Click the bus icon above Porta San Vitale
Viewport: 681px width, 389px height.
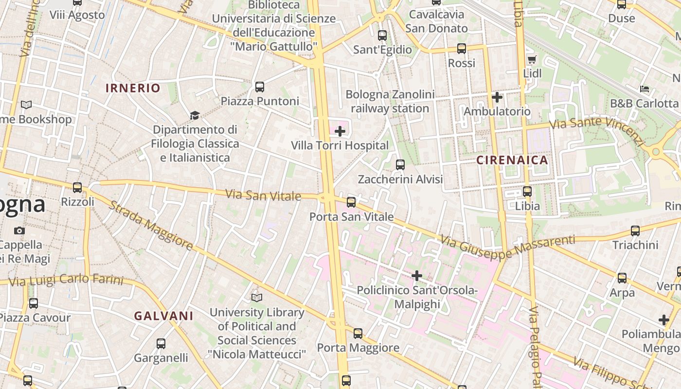coord(351,202)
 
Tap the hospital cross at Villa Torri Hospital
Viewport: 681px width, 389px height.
coord(340,131)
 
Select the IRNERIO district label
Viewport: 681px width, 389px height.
coord(133,88)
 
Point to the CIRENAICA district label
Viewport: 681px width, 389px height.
coord(512,160)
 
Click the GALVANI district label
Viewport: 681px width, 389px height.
coord(164,316)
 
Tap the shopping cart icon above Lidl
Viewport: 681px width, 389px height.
coord(532,59)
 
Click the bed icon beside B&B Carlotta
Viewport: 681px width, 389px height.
coord(645,89)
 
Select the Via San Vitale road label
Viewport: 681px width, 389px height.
coord(263,195)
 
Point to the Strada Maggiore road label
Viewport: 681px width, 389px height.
coord(150,226)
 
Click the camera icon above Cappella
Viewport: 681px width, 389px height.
coord(19,230)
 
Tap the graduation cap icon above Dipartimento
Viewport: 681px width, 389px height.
coord(195,115)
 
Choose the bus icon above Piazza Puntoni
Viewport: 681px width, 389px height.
coord(260,87)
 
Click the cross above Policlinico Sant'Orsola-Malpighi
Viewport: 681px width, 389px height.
coord(417,276)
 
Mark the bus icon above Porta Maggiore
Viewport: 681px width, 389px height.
coord(358,334)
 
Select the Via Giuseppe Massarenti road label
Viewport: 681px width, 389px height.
coord(508,247)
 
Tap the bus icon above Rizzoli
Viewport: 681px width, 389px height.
coord(77,187)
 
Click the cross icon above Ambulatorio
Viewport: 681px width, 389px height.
coord(497,97)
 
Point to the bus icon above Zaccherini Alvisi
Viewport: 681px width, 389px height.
coord(400,165)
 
